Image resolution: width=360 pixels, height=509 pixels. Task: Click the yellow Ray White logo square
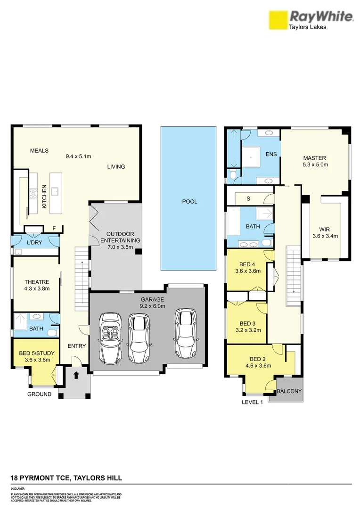click(x=278, y=21)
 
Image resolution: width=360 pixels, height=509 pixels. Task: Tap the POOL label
click(x=190, y=202)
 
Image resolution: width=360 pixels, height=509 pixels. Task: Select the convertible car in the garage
click(x=110, y=337)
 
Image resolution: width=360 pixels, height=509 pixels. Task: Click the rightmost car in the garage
click(x=184, y=334)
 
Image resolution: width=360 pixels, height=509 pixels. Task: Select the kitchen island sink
click(x=55, y=191)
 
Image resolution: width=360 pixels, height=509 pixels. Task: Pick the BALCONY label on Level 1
click(x=289, y=392)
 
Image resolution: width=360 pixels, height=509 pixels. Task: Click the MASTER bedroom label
click(x=314, y=158)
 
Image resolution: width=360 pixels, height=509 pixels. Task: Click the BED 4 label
click(x=247, y=264)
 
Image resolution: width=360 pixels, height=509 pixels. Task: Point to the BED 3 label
click(x=247, y=323)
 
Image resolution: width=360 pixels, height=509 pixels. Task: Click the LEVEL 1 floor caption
click(x=252, y=402)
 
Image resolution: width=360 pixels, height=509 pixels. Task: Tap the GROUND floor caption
click(x=39, y=394)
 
